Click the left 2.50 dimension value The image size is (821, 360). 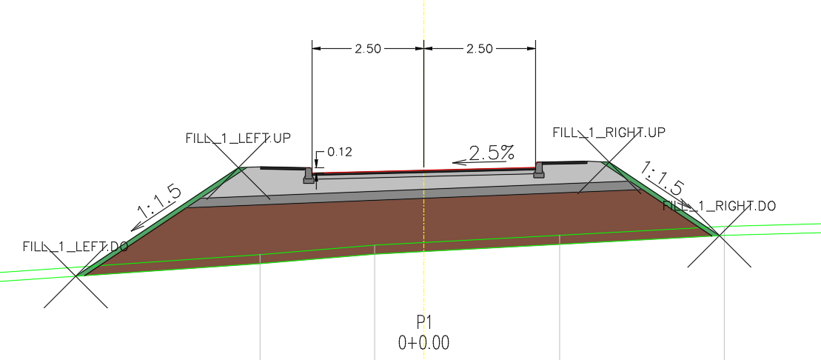[x=368, y=49]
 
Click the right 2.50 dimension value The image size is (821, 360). [x=479, y=49]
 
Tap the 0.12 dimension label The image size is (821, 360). [x=340, y=152]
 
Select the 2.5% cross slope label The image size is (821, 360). [x=492, y=153]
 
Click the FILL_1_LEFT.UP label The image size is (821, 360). [x=238, y=138]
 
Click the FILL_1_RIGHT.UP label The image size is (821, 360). [x=609, y=133]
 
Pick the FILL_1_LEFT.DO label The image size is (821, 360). [x=76, y=247]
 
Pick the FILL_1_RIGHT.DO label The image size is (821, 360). [x=720, y=206]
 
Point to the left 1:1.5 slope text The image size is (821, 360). [x=159, y=202]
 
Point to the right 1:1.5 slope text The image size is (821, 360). [x=662, y=179]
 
